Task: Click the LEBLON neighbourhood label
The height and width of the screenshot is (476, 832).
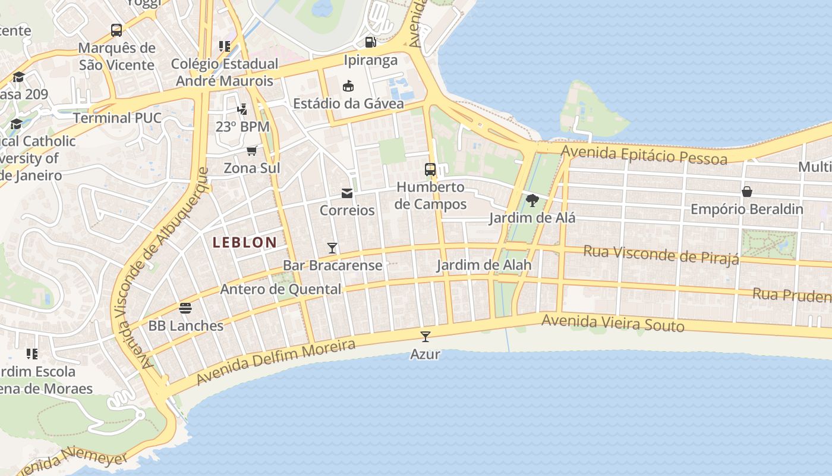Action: point(244,242)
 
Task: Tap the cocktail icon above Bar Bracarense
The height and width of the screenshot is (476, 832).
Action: point(332,248)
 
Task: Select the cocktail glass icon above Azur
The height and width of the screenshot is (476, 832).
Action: point(425,337)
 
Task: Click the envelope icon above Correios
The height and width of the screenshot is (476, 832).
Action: point(347,193)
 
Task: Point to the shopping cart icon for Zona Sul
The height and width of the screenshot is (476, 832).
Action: point(251,151)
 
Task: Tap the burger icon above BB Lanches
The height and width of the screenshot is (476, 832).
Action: point(185,308)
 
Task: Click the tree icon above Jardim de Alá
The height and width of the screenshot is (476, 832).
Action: point(532,201)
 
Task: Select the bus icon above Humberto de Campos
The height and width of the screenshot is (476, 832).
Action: point(430,170)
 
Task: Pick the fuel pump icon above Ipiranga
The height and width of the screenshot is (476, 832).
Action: point(370,42)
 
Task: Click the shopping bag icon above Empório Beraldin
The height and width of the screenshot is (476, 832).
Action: point(747,192)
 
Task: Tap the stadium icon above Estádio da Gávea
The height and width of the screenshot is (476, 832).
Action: point(348,86)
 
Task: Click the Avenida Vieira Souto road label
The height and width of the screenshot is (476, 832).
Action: point(613,323)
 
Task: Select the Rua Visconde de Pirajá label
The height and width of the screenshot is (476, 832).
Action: point(661,254)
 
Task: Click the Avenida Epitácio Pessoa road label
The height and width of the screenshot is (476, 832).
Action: point(644,155)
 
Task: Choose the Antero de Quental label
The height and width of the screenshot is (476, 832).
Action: point(281,290)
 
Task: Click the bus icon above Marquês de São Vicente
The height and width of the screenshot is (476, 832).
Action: point(116,30)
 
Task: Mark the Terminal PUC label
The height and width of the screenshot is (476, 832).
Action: point(117,118)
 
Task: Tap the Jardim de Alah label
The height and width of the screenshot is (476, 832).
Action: point(484,265)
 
